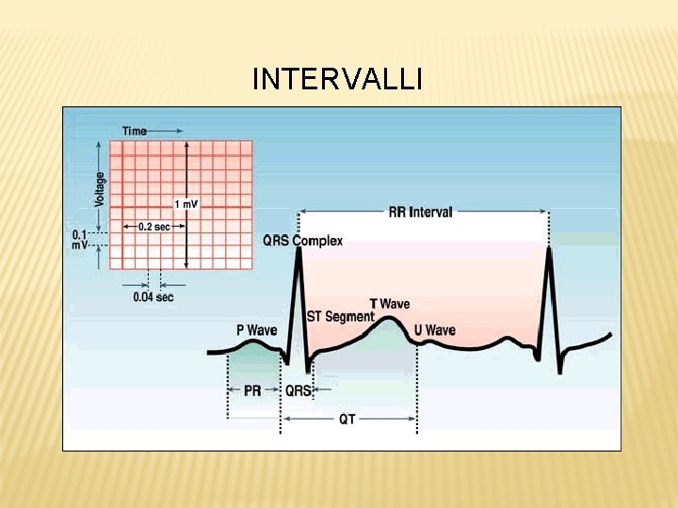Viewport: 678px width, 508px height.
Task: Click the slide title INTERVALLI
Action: (x=337, y=80)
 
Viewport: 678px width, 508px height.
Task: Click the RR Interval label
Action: (x=420, y=212)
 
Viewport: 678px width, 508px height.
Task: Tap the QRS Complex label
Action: (x=302, y=241)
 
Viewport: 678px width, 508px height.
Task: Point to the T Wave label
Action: (x=389, y=304)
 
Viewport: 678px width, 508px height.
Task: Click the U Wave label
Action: (x=434, y=330)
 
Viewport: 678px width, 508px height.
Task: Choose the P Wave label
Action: (x=255, y=330)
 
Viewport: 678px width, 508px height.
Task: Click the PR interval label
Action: (x=252, y=390)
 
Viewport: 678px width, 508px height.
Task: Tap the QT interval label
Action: (x=347, y=420)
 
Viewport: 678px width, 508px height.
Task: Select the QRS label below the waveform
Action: (x=299, y=390)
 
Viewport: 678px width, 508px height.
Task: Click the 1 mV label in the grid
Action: (x=186, y=204)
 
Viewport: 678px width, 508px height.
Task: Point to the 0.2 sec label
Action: (x=154, y=227)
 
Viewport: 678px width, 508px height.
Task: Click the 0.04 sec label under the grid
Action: (x=153, y=297)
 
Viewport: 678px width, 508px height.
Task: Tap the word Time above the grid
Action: (x=135, y=131)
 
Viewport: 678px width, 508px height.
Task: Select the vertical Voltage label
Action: (x=100, y=189)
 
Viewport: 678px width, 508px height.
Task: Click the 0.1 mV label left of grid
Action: (x=80, y=239)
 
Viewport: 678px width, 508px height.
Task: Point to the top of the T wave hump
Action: (x=388, y=318)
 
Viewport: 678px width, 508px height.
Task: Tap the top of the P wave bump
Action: (x=251, y=342)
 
